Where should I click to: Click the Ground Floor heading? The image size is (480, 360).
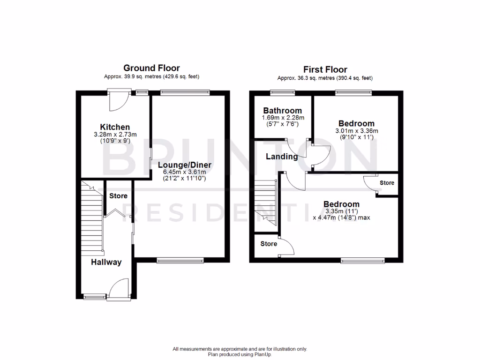(151, 68)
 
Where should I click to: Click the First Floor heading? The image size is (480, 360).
(325, 69)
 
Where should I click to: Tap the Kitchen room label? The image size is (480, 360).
(115, 127)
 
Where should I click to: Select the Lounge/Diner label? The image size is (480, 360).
(185, 165)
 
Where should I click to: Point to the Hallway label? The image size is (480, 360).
(106, 262)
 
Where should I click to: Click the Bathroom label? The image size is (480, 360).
(283, 111)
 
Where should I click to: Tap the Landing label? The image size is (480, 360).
(282, 157)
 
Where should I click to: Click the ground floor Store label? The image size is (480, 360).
(118, 196)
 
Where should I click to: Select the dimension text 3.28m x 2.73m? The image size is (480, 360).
(115, 134)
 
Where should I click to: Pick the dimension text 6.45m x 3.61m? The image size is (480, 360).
(185, 172)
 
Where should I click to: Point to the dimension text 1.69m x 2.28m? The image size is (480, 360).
(283, 118)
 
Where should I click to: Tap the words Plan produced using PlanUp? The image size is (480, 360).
(240, 354)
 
